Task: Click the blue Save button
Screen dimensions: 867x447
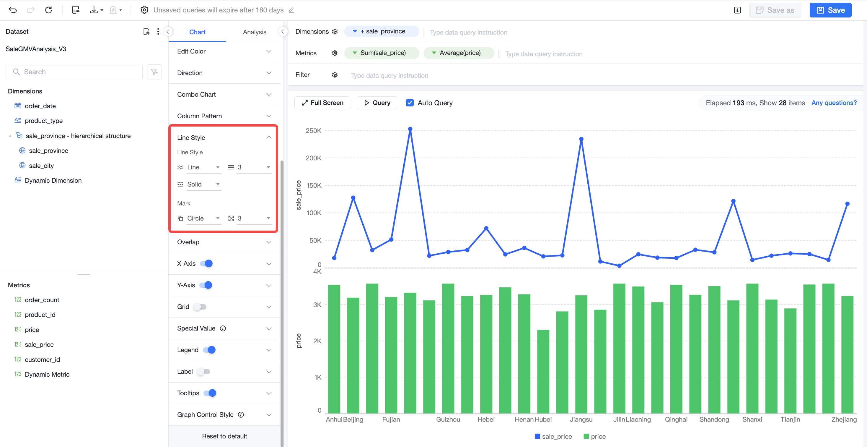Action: (x=830, y=10)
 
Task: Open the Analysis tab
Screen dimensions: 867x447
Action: (x=255, y=32)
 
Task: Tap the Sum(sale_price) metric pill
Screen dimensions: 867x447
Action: (x=381, y=53)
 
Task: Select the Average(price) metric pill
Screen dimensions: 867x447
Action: (x=459, y=53)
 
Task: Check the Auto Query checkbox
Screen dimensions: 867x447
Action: (x=410, y=103)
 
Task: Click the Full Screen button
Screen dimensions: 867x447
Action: (x=322, y=103)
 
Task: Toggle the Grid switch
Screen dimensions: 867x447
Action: (x=200, y=307)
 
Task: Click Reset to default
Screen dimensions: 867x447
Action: (x=224, y=436)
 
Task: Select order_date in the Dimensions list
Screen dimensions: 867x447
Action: (x=40, y=106)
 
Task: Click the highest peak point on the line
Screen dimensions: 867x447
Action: (x=410, y=129)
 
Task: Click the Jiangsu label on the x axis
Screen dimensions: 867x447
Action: (x=581, y=420)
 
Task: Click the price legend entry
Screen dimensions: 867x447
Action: (x=595, y=437)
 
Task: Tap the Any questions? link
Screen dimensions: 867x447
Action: (x=834, y=103)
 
